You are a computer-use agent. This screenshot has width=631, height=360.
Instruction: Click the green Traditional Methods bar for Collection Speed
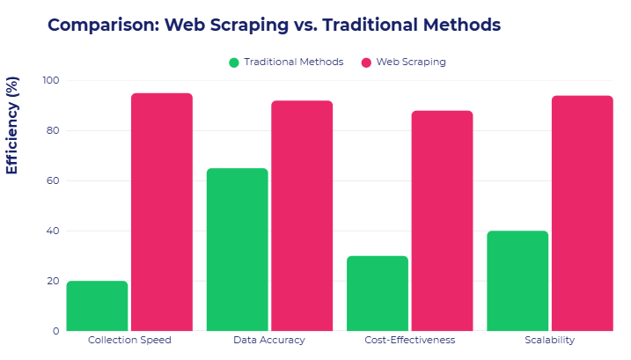97,306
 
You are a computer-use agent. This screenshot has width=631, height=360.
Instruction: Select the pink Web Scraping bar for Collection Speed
162,212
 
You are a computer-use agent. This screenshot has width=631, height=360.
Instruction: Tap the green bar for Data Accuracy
237,250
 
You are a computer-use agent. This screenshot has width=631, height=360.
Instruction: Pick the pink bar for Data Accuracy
302,216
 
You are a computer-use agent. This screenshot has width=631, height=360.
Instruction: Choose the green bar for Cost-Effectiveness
378,294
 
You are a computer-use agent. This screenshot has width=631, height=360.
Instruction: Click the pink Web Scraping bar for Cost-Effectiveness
442,221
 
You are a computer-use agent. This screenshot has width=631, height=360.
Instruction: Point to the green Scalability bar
517,281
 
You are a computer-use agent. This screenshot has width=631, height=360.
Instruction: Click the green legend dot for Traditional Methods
234,62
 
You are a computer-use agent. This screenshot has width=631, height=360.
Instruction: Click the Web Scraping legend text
411,62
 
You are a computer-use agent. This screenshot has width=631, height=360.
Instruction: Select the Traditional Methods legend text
294,62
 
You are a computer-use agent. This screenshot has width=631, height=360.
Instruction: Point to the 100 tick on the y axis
50,81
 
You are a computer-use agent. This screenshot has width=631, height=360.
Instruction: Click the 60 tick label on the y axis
53,181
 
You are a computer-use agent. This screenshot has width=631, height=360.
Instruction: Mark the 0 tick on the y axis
55,331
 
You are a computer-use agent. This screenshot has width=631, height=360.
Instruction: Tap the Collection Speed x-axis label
129,340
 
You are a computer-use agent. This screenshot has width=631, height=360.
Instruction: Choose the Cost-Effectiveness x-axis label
410,340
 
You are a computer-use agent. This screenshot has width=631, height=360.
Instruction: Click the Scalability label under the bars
550,340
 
